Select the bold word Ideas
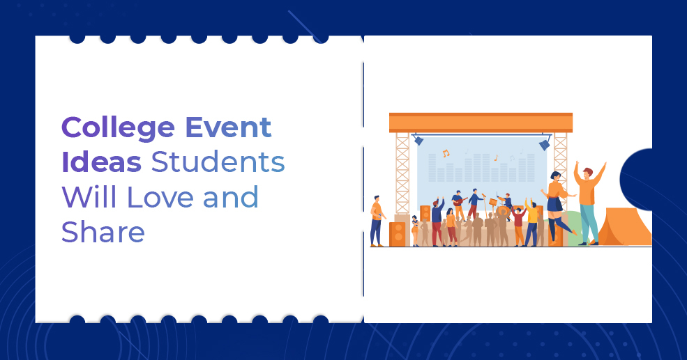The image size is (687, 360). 100,163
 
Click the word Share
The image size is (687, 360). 103,232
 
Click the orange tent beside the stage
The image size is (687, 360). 624,226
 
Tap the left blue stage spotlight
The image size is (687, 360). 418,140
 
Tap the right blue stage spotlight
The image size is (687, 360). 544,144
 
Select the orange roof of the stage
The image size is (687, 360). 481,123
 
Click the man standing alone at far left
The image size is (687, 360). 377,219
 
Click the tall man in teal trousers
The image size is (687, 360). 587,202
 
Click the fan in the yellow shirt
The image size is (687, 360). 533,221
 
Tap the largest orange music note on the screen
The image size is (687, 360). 446,153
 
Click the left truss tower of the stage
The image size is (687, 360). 402,174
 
